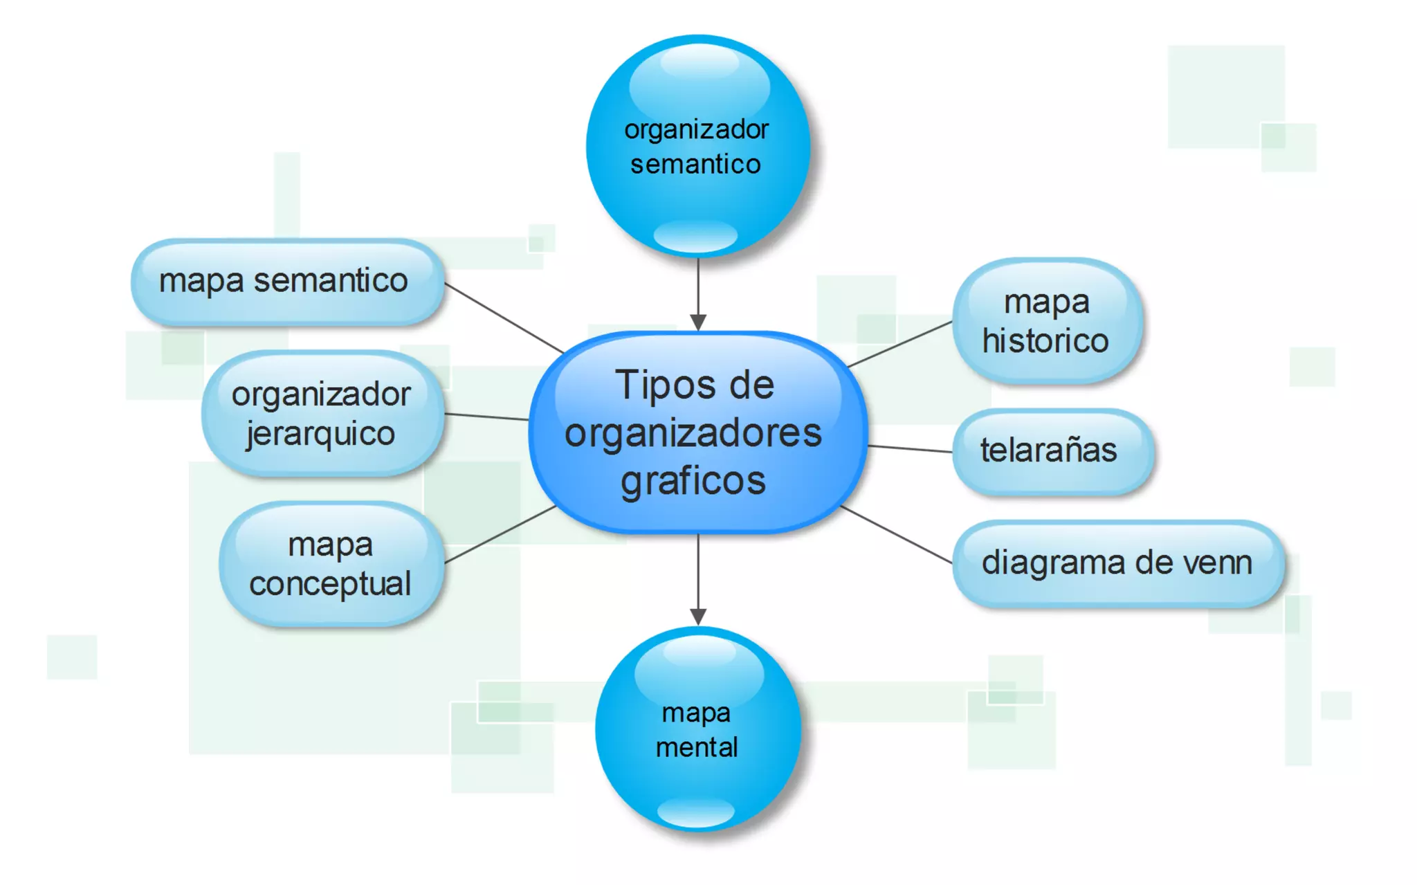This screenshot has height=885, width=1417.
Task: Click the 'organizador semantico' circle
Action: point(697,147)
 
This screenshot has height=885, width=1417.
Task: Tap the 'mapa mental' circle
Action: point(697,729)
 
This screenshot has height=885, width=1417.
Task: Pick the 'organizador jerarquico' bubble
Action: point(322,414)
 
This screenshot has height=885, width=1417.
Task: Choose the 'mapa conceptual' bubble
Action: point(331,564)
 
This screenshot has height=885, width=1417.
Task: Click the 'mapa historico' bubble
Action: point(1046,322)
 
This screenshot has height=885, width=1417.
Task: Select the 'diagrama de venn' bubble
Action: point(1117,563)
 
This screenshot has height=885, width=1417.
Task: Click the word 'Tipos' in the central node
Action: point(655,385)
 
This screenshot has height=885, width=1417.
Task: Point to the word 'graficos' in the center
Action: point(693,480)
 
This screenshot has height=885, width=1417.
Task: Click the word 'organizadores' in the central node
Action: point(693,434)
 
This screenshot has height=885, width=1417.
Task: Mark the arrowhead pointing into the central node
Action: point(698,322)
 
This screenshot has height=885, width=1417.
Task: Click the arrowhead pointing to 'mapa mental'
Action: point(698,617)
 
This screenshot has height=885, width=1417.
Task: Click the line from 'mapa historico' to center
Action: point(899,344)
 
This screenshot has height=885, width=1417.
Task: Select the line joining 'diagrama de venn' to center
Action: point(896,535)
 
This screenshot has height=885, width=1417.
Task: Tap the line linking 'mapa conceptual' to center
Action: point(500,534)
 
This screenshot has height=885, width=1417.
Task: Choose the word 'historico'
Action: point(1045,341)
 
